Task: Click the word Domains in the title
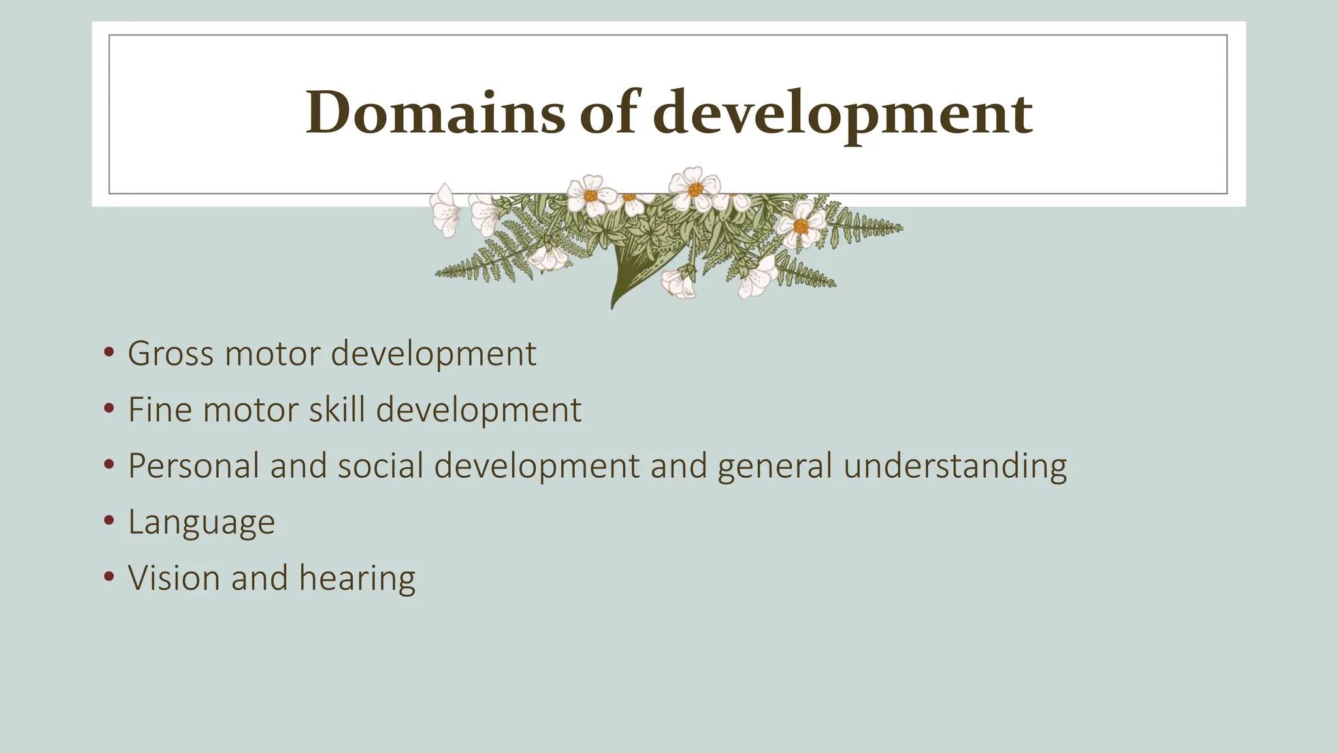click(434, 112)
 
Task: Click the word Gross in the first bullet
click(170, 354)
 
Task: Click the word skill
click(336, 410)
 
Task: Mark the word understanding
click(955, 466)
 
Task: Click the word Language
click(201, 522)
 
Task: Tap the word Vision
click(174, 578)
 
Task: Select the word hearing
click(357, 578)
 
